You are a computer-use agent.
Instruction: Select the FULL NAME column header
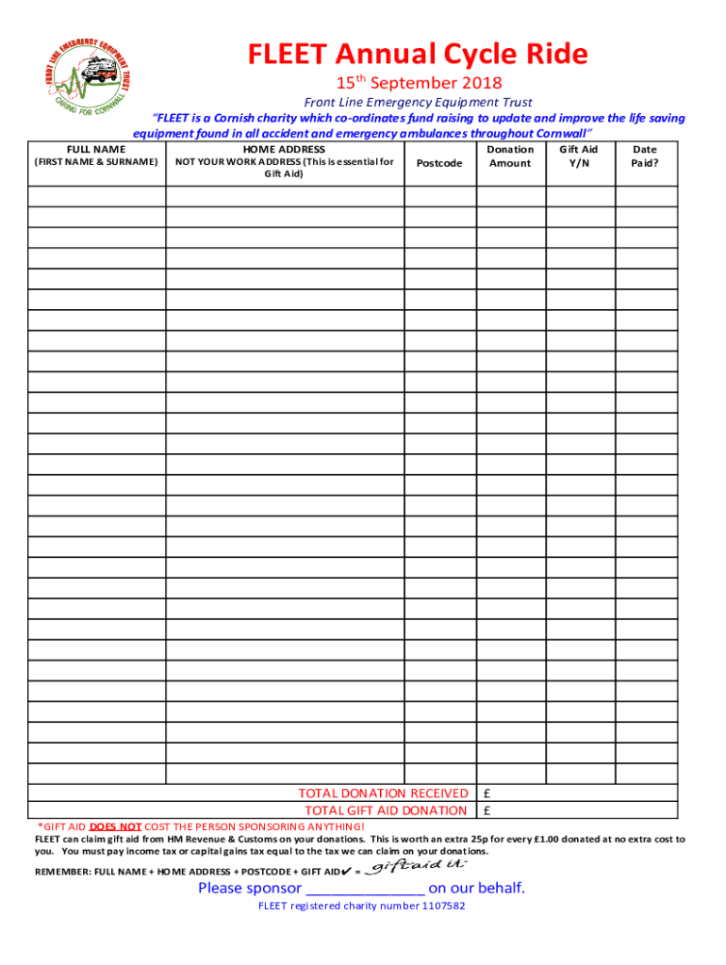click(x=96, y=149)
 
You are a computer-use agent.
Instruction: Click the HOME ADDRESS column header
click(x=284, y=149)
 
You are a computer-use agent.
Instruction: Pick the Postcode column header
click(x=439, y=163)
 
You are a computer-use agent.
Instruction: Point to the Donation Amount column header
click(x=510, y=156)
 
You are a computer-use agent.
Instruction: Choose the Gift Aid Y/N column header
click(x=578, y=156)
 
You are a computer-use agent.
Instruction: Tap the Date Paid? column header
click(x=645, y=156)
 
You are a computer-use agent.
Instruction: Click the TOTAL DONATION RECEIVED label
click(x=382, y=793)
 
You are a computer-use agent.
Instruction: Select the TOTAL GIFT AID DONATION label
click(x=385, y=810)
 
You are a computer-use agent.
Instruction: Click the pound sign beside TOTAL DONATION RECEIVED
click(x=487, y=793)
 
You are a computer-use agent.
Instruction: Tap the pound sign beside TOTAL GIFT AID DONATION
click(x=487, y=810)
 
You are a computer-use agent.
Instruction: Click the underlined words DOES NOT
click(x=116, y=826)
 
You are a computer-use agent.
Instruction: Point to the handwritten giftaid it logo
click(x=416, y=866)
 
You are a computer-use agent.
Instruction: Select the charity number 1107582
click(x=434, y=907)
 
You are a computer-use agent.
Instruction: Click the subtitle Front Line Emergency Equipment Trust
click(x=418, y=103)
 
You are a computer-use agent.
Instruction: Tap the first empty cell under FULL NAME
click(x=96, y=196)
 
